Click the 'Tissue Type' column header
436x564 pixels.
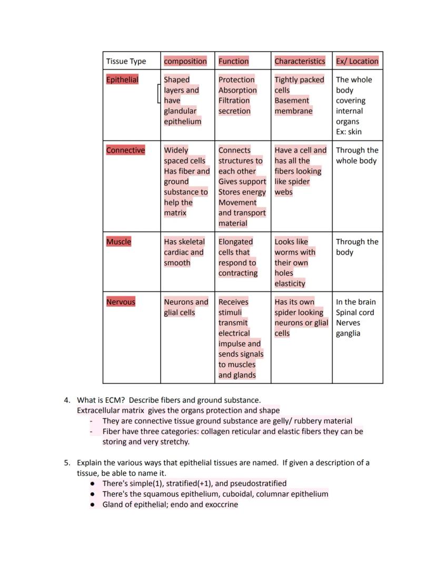pos(126,61)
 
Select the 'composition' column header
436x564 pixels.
pos(185,61)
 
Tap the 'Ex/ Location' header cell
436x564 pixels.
pos(357,61)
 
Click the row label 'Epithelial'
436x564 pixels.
pos(122,80)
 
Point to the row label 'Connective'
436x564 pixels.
pos(125,150)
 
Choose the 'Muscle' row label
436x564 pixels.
pos(118,242)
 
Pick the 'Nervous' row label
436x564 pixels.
pos(121,302)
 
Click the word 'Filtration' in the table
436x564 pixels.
pos(234,101)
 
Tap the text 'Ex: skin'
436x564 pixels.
pos(349,132)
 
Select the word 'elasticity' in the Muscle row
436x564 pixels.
pos(290,283)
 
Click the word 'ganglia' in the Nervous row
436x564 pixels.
pos(348,333)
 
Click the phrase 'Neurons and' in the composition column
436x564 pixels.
pos(186,302)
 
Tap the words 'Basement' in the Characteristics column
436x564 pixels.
pos(292,101)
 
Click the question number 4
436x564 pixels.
pos(67,400)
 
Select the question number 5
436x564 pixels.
pos(67,463)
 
